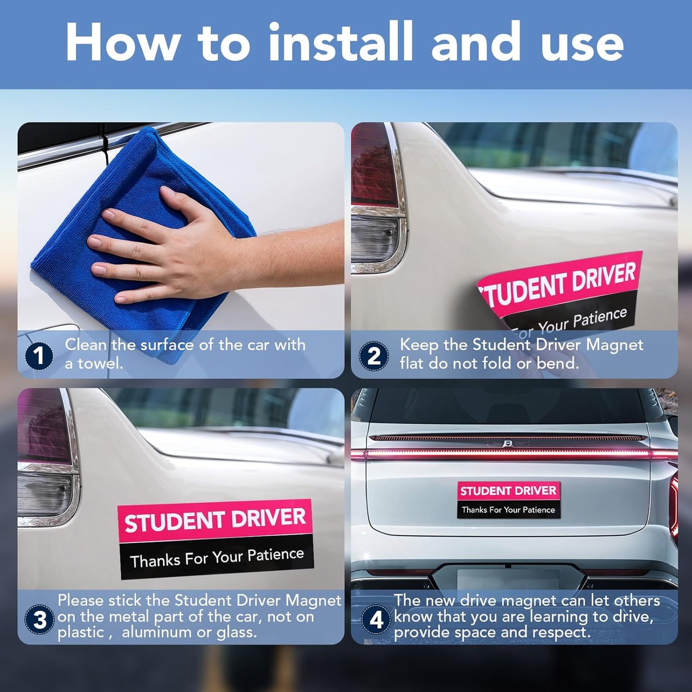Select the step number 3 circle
40,620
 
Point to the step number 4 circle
376,620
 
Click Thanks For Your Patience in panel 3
217,557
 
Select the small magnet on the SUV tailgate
508,500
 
